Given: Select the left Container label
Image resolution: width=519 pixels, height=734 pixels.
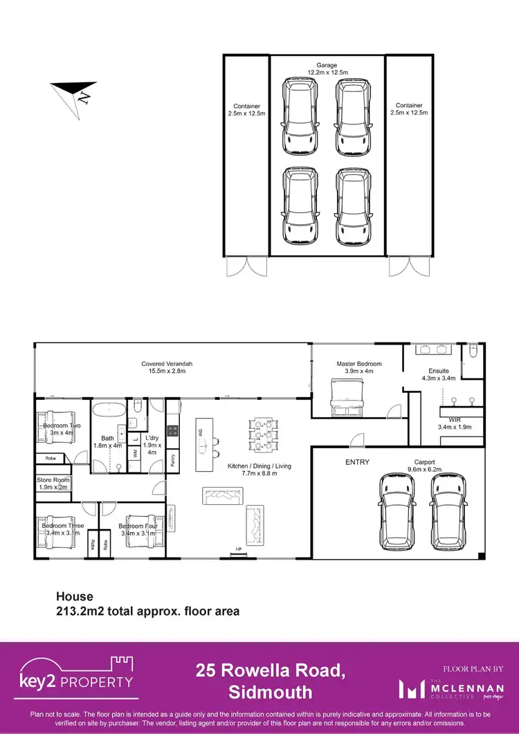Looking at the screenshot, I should point(246,109).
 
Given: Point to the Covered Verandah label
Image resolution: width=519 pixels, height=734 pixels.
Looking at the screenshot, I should point(167,367).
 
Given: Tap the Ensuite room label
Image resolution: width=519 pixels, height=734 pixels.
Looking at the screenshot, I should point(439,374).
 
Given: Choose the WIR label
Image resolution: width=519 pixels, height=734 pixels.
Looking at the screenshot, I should point(455,423).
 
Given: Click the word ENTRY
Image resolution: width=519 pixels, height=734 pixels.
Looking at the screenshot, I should point(358,462).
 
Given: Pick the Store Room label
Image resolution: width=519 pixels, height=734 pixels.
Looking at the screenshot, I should point(52,483).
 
